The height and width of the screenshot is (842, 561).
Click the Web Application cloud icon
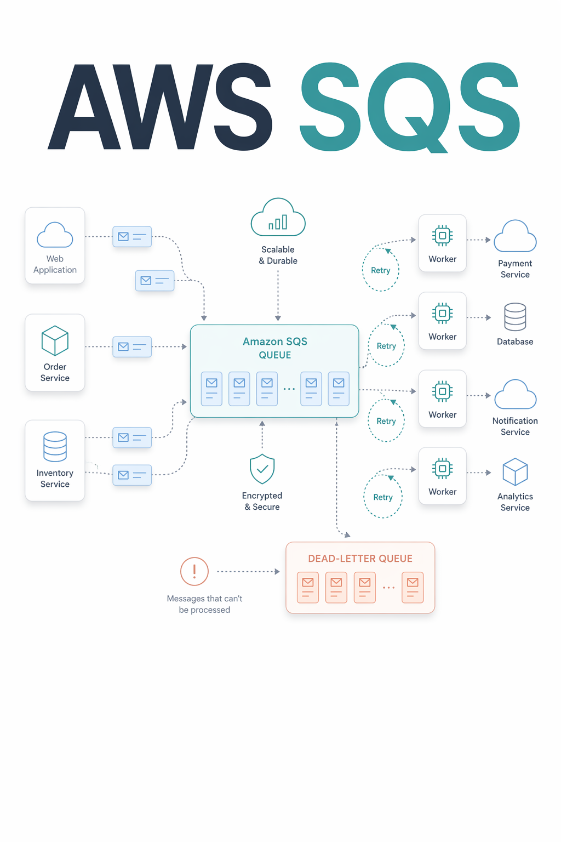pos(55,235)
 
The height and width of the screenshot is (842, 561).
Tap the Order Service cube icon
pos(55,340)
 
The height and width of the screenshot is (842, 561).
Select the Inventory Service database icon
pos(55,447)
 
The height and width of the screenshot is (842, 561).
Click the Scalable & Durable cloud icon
pos(278,217)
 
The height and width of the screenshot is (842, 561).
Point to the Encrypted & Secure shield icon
pos(262,469)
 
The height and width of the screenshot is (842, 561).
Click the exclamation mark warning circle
pos(194,571)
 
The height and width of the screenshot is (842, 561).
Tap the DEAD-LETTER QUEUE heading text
pos(360,559)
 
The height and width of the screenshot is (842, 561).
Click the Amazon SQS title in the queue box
pos(274,342)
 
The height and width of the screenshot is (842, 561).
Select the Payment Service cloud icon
pos(515,236)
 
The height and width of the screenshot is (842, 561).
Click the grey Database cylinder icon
pos(515,317)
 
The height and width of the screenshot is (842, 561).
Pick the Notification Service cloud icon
pos(515,394)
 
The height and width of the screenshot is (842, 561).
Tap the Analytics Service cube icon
pos(515,472)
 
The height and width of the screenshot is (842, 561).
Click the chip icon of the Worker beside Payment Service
pos(443,236)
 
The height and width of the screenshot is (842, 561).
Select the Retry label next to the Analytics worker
pos(383,497)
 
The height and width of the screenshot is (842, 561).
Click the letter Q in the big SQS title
pos(409,107)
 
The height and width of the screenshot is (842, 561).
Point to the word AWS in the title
pos(160,107)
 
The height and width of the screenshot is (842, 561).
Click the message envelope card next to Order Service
pos(132,346)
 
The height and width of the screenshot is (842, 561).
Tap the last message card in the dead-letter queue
pos(413,588)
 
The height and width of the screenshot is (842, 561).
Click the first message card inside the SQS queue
pos(211,389)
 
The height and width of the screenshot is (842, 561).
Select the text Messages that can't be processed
pos(204,604)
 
